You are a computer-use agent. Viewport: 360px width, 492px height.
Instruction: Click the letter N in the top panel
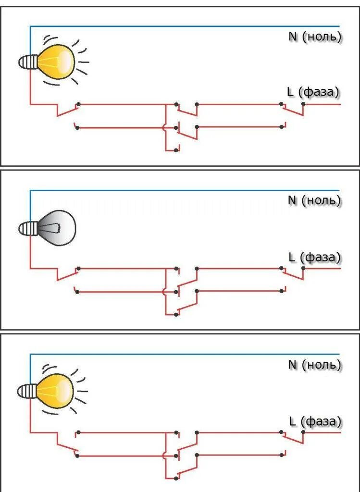tap(293, 37)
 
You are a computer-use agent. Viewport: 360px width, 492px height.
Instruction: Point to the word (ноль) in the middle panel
tap(322, 201)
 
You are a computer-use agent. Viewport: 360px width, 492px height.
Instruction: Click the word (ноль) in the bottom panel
tap(322, 365)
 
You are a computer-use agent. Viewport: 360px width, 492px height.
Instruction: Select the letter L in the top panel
tap(290, 92)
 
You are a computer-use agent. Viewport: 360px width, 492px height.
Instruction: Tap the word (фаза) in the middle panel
tap(320, 258)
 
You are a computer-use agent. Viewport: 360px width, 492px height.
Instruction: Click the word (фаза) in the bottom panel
tap(322, 422)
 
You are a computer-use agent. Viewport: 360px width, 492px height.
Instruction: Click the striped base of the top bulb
tap(27, 61)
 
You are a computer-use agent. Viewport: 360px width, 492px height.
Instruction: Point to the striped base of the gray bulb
tap(27, 228)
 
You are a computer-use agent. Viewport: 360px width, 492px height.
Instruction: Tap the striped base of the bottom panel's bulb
tap(26, 391)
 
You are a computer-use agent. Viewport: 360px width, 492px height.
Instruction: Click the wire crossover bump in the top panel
tap(164, 127)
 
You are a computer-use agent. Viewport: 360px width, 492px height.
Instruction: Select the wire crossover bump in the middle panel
tap(164, 291)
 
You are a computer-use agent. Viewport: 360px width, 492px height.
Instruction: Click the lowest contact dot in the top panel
tap(176, 150)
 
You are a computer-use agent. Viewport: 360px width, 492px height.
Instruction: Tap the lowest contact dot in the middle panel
tap(176, 315)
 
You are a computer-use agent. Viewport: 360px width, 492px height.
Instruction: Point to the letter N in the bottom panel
tap(293, 365)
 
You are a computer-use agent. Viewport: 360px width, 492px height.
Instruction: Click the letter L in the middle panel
tap(291, 258)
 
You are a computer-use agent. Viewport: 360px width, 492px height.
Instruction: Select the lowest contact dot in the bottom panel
tap(176, 479)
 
